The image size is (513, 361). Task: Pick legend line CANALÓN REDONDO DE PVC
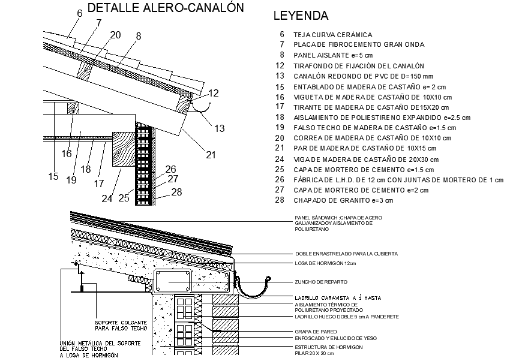coord(362,76)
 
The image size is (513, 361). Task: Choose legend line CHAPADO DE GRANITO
coord(343,200)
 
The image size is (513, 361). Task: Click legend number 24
coord(280,159)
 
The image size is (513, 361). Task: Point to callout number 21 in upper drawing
coord(211,155)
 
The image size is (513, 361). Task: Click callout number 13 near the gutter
coord(220,128)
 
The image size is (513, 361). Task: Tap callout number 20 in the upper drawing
coord(115,34)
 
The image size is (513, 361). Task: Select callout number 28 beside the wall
coord(175,192)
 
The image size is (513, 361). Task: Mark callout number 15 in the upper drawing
coord(54,176)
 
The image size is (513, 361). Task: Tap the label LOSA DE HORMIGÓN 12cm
coord(326,263)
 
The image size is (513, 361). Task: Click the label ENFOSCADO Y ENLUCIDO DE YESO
coord(335,338)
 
